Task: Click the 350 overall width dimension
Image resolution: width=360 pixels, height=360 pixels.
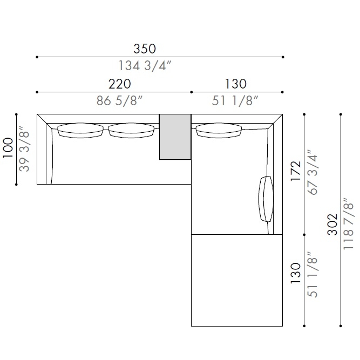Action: pyautogui.click(x=145, y=49)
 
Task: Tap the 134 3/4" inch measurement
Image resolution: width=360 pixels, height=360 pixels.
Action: pyautogui.click(x=145, y=65)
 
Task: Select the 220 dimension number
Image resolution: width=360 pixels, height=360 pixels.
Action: pyautogui.click(x=120, y=84)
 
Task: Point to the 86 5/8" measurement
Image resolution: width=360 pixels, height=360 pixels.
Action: pyautogui.click(x=119, y=100)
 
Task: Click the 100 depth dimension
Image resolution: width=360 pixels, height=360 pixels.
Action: pyautogui.click(x=8, y=148)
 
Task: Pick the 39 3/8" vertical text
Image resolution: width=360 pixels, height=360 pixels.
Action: pyautogui.click(x=24, y=148)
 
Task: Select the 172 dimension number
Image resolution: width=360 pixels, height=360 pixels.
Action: pyautogui.click(x=296, y=171)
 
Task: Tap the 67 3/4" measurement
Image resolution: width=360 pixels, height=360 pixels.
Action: pyautogui.click(x=313, y=172)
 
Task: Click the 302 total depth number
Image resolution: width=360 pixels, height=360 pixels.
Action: pyautogui.click(x=332, y=225)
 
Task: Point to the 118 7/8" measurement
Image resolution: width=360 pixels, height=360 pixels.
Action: pyautogui.click(x=349, y=224)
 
